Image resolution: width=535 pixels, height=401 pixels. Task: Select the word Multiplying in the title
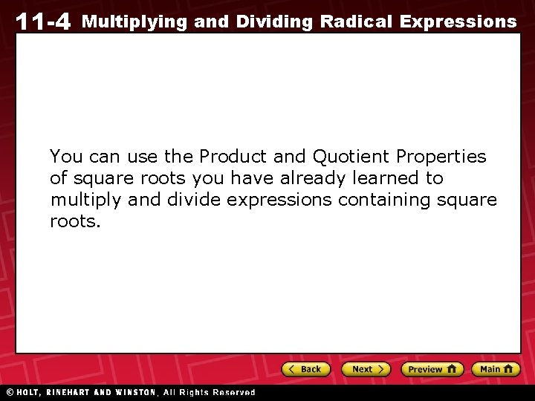pyautogui.click(x=134, y=22)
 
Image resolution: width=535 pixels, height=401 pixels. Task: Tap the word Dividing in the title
pyautogui.click(x=274, y=22)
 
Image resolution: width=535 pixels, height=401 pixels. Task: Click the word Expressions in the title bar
pyautogui.click(x=458, y=22)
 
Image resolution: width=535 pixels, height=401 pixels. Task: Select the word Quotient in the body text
pyautogui.click(x=351, y=157)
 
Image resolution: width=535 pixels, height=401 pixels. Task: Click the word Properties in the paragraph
pyautogui.click(x=441, y=157)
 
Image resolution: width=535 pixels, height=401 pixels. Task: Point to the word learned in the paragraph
pyautogui.click(x=385, y=178)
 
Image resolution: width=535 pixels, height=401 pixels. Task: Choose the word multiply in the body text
pyautogui.click(x=79, y=200)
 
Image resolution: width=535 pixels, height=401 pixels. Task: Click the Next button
pyautogui.click(x=366, y=369)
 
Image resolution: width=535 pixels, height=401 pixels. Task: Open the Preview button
pyautogui.click(x=432, y=369)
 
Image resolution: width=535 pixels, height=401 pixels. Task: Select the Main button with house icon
pyautogui.click(x=496, y=369)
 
